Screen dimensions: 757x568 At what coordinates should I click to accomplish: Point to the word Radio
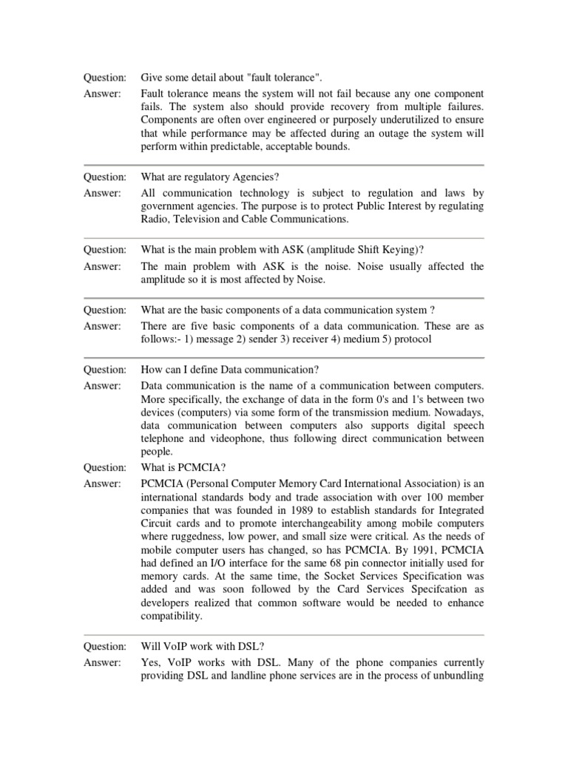[154, 220]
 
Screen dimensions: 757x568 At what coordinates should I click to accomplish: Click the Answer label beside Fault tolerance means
[102, 94]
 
